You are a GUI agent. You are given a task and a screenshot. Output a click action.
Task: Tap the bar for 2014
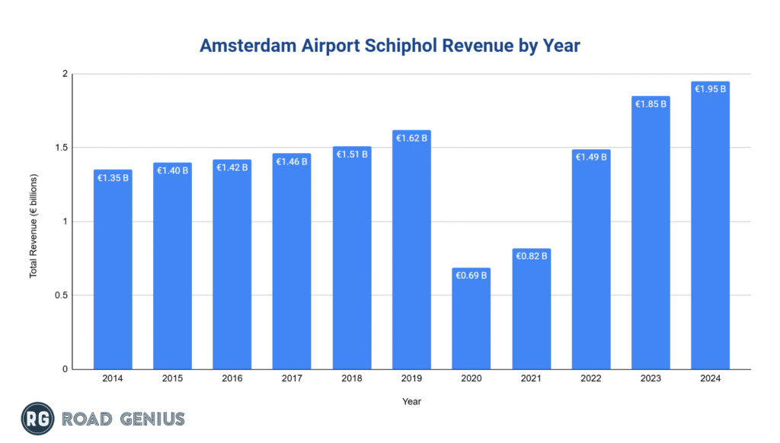pyautogui.click(x=113, y=269)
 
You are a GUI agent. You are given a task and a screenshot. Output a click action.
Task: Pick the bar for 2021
pyautogui.click(x=531, y=308)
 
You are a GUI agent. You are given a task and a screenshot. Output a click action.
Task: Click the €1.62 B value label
pyautogui.click(x=412, y=139)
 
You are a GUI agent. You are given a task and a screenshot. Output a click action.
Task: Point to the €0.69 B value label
pyautogui.click(x=472, y=275)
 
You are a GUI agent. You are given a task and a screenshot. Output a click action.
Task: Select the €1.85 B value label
pyautogui.click(x=651, y=104)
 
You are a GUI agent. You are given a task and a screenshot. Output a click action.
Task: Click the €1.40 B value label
pyautogui.click(x=173, y=171)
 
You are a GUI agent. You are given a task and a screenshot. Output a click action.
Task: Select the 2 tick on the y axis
pyautogui.click(x=65, y=74)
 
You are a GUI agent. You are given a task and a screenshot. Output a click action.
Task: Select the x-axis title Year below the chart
pyautogui.click(x=411, y=400)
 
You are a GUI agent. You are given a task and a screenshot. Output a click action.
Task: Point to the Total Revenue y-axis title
pyautogui.click(x=34, y=225)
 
